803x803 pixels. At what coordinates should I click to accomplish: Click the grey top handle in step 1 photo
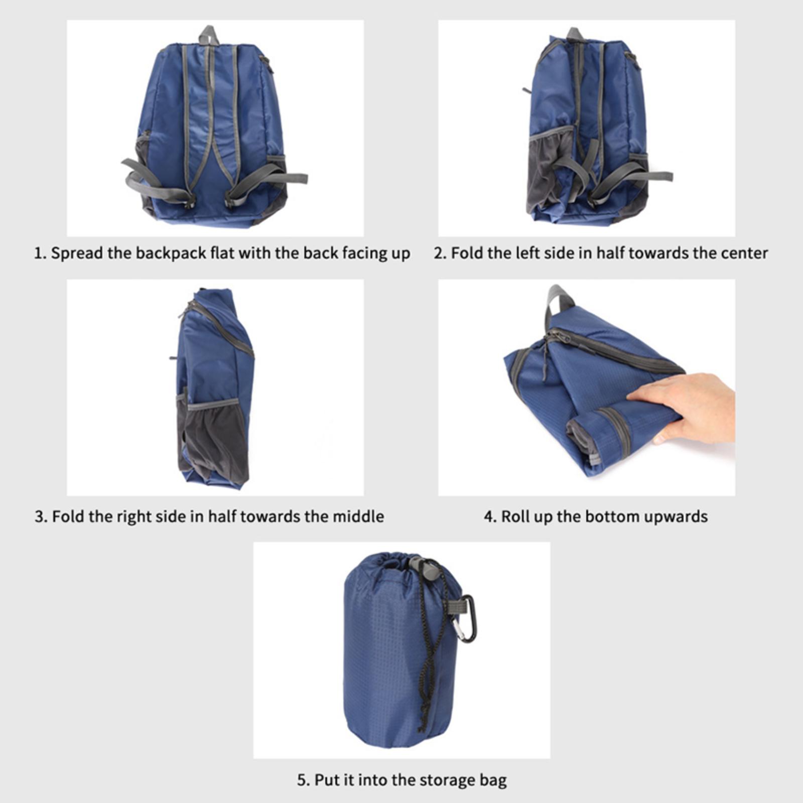pyautogui.click(x=207, y=34)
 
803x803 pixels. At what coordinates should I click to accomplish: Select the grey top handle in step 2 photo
pyautogui.click(x=575, y=35)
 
